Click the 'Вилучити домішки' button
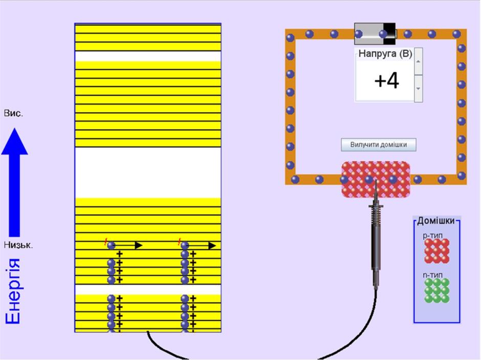point(379,144)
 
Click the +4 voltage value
point(386,81)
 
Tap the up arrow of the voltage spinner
point(418,61)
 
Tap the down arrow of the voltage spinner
point(418,89)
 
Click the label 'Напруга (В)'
point(385,54)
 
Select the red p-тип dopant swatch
point(437,251)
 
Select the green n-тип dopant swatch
point(437,290)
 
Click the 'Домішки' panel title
point(436,221)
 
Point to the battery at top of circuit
point(375,34)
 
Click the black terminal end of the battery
point(389,34)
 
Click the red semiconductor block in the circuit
point(376,179)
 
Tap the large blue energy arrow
point(14,182)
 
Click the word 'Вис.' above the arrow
point(13,113)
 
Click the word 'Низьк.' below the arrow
point(18,245)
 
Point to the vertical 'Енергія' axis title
point(13,291)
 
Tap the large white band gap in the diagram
point(148,173)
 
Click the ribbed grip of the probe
point(376,214)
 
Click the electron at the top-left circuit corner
point(290,38)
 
